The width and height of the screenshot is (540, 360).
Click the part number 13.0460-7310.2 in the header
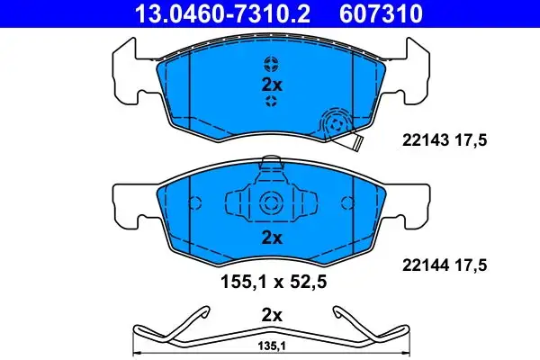click(x=223, y=13)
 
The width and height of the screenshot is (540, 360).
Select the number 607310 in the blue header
click(x=381, y=13)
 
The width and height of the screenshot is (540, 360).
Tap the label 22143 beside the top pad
click(x=426, y=140)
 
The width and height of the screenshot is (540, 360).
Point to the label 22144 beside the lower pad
click(x=426, y=265)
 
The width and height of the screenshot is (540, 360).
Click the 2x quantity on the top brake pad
click(x=272, y=85)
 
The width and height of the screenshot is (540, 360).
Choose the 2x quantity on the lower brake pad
click(x=272, y=238)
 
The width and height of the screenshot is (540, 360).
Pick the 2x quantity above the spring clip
click(x=272, y=315)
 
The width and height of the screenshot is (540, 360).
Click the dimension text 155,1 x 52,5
click(x=273, y=282)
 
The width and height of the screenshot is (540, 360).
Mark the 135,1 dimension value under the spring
click(x=272, y=346)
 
